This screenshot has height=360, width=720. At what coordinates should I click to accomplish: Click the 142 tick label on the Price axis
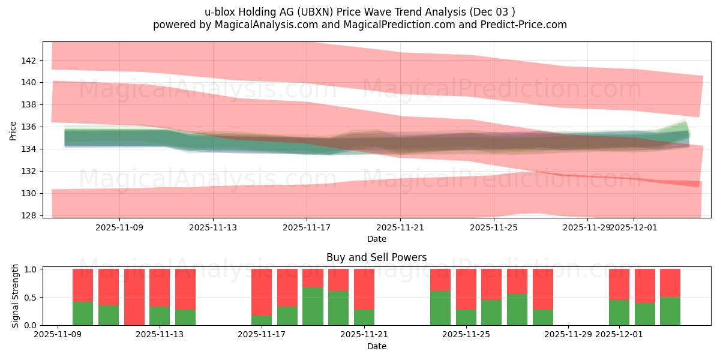tap(29, 61)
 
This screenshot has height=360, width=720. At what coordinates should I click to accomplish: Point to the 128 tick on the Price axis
tap(29, 215)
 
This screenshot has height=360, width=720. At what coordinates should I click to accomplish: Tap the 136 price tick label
tap(29, 127)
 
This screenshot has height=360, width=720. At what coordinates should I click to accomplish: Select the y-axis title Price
tap(13, 130)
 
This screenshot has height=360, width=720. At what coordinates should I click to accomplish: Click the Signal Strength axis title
tap(16, 296)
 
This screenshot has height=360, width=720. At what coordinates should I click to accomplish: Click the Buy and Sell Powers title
tap(376, 257)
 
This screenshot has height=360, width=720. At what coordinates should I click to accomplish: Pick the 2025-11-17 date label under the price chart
tap(307, 228)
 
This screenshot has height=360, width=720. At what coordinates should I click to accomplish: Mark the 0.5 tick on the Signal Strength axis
tap(29, 297)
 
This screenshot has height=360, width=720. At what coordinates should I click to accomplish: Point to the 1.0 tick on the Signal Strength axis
tap(29, 269)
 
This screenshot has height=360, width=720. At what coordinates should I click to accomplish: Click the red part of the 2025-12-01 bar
tap(619, 284)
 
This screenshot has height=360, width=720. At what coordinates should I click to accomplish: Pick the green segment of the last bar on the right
tap(670, 311)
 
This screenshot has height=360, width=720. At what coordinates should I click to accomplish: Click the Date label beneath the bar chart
tap(376, 346)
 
